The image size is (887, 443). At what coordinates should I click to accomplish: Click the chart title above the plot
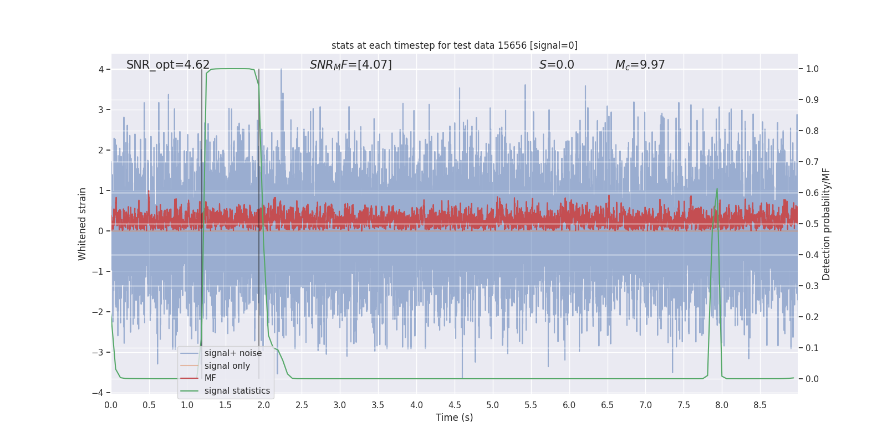[454, 45]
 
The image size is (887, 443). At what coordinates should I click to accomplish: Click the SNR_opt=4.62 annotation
[168, 65]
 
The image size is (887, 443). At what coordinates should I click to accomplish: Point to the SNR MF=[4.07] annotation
[350, 65]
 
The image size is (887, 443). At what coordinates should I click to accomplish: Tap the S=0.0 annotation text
[557, 65]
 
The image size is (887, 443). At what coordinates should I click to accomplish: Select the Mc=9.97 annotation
[640, 65]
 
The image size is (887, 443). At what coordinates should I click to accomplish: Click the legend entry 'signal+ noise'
[233, 353]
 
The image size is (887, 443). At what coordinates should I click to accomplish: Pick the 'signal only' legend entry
[227, 366]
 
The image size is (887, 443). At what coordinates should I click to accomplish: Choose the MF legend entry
[210, 378]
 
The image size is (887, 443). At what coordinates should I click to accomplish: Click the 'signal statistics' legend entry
[237, 391]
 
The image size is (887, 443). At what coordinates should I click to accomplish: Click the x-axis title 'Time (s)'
[454, 418]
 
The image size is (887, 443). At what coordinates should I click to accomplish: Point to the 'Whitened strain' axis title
[83, 224]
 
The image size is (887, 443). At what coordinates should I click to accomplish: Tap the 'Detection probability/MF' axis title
[826, 224]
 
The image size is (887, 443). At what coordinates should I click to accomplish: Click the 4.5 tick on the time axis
[455, 405]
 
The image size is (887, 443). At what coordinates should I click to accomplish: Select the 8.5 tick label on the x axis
[760, 405]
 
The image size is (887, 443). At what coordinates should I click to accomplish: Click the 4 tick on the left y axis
[101, 69]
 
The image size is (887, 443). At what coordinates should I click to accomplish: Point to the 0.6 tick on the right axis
[812, 193]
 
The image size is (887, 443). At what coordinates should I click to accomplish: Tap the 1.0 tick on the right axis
[812, 69]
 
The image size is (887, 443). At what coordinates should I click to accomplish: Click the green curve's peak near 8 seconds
[717, 189]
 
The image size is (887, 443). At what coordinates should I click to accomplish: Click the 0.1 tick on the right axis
[812, 348]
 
